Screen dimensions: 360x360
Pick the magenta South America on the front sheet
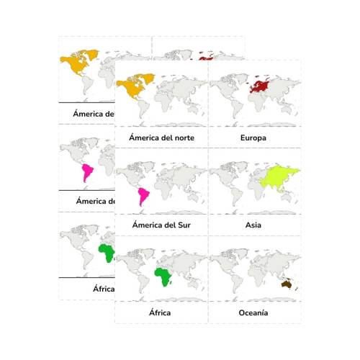(x=144, y=196)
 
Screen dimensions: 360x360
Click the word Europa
(x=253, y=137)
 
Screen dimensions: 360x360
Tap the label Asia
(x=253, y=225)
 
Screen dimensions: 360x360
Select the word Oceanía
(x=253, y=313)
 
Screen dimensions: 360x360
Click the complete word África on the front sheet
(x=160, y=313)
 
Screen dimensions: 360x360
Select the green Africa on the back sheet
(x=107, y=253)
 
